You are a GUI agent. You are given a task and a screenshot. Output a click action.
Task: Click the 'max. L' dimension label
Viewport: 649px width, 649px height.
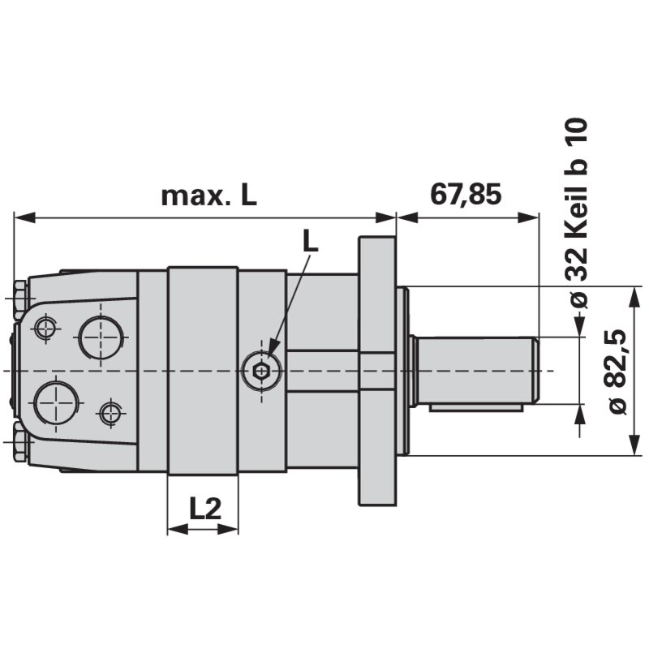tap(208, 195)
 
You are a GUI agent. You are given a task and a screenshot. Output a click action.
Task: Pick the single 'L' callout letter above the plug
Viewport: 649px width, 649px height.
tap(310, 239)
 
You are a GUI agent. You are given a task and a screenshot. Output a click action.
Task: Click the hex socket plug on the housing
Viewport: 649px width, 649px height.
tap(261, 372)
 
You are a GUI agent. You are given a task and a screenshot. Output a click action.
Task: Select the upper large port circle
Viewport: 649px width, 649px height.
tap(103, 337)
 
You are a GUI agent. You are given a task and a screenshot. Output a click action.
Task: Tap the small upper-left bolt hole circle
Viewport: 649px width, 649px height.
tap(45, 329)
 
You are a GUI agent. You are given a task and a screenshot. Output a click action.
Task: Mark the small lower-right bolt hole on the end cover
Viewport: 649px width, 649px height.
tap(109, 414)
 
